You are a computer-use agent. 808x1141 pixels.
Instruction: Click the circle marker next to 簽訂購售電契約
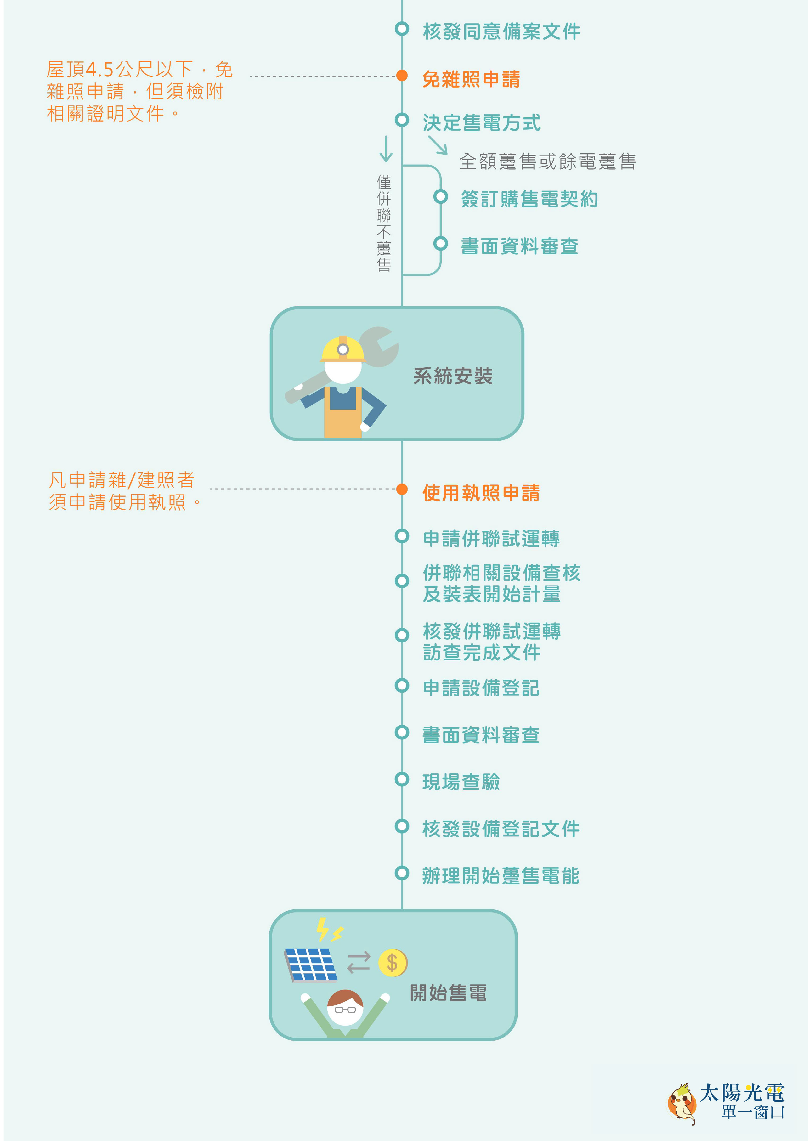point(440,197)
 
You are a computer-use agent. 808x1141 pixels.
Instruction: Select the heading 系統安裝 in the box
point(453,376)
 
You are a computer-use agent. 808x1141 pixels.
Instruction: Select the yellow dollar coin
point(393,963)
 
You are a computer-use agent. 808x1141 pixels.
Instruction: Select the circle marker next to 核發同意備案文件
point(402,28)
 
